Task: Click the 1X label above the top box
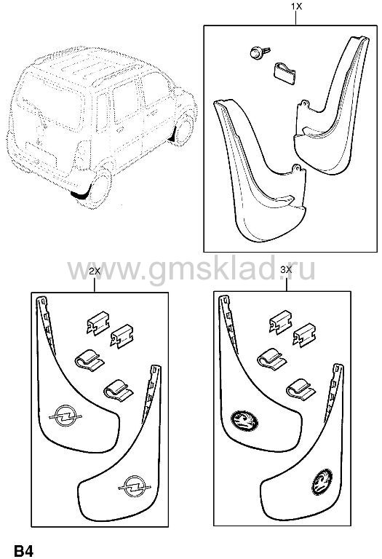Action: pyautogui.click(x=296, y=6)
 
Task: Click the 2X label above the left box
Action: pyautogui.click(x=95, y=271)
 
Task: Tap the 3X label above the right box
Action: pyautogui.click(x=286, y=270)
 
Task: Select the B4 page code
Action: pyautogui.click(x=24, y=550)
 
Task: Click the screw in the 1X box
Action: pyautogui.click(x=260, y=52)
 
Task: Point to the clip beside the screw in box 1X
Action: pyautogui.click(x=285, y=74)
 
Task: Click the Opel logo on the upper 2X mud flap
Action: pyautogui.click(x=65, y=416)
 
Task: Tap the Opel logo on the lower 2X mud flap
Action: pyautogui.click(x=135, y=486)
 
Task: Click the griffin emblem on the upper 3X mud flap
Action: pyautogui.click(x=244, y=421)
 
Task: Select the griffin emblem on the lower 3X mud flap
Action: pyautogui.click(x=322, y=482)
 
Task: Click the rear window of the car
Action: pyautogui.click(x=48, y=103)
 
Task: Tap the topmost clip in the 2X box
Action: pyautogui.click(x=98, y=323)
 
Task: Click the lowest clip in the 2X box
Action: pyautogui.click(x=119, y=390)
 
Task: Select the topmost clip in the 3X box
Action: pyautogui.click(x=281, y=322)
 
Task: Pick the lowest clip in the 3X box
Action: pyautogui.click(x=301, y=389)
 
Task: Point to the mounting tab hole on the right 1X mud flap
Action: pyautogui.click(x=303, y=103)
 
